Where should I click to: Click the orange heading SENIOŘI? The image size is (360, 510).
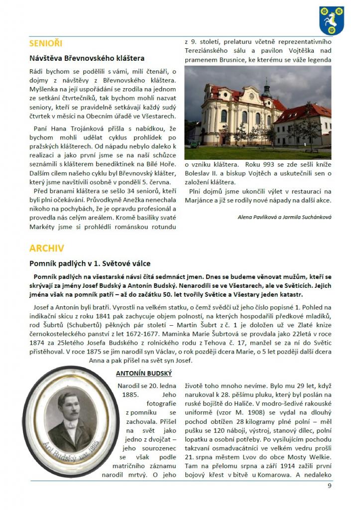pyautogui.click(x=46, y=43)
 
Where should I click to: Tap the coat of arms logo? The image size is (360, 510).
pyautogui.click(x=332, y=20)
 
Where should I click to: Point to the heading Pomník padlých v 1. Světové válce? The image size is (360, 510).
pyautogui.click(x=90, y=263)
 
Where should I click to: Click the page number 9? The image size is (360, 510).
pyautogui.click(x=329, y=486)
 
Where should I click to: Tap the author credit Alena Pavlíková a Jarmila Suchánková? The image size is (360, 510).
pyautogui.click(x=284, y=217)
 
